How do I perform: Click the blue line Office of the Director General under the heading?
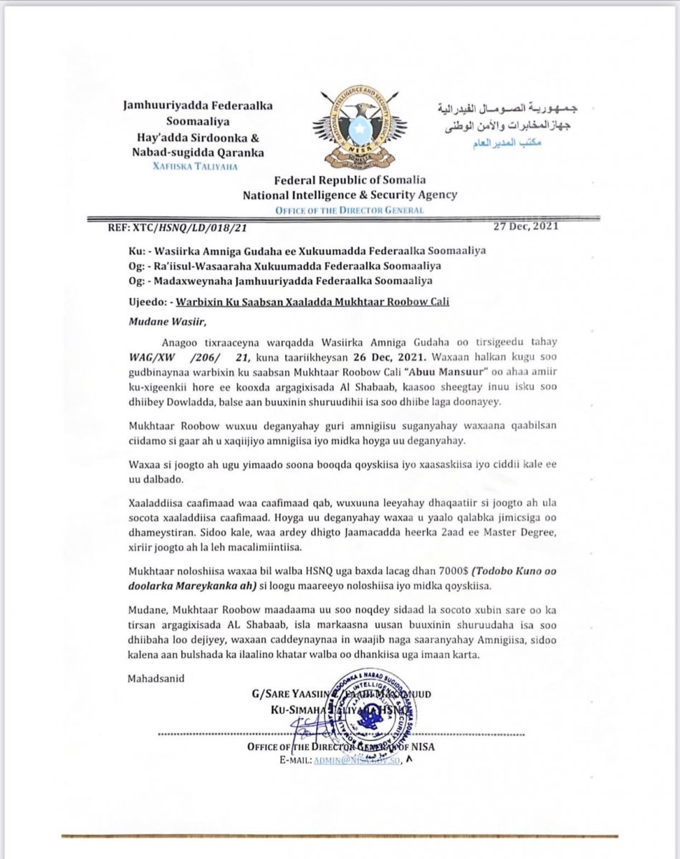(x=349, y=210)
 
